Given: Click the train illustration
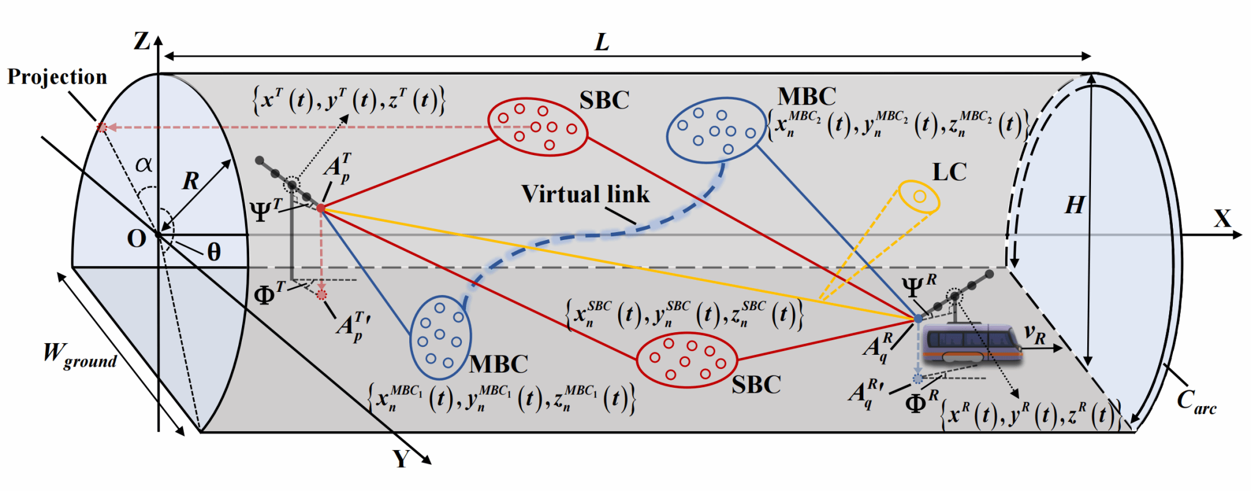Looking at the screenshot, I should (x=971, y=346).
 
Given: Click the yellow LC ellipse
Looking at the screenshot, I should (x=919, y=197).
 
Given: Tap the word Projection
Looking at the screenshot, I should (x=57, y=77).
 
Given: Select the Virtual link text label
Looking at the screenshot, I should (x=585, y=194).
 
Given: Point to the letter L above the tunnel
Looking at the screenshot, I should (x=602, y=42).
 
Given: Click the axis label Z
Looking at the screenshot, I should (x=142, y=42).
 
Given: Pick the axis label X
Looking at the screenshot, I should (x=1222, y=219).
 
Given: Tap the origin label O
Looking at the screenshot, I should (x=136, y=239).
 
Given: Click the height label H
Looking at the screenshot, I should (x=1074, y=205).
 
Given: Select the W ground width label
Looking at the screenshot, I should (x=79, y=355).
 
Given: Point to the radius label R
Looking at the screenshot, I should (x=191, y=181).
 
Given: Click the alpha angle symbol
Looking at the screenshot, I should (x=144, y=164).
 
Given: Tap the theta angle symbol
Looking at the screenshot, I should (x=214, y=252).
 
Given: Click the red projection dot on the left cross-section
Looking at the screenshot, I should (x=103, y=128).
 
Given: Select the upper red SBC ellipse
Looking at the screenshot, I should (x=538, y=127).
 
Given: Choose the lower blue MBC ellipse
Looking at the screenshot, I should (x=440, y=338).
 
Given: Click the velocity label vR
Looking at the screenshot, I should (x=1035, y=335).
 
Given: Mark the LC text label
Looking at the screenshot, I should (x=949, y=172).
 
